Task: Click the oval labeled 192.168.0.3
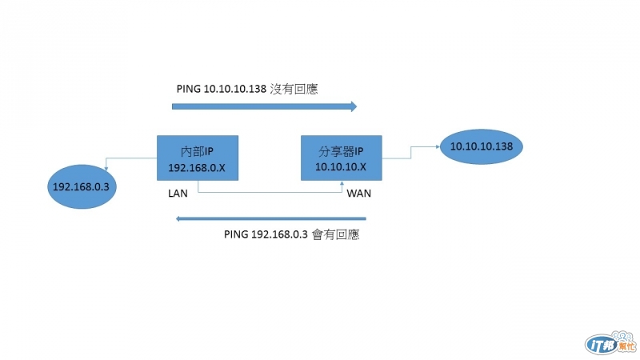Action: pos(82,186)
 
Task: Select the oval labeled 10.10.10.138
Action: pos(482,146)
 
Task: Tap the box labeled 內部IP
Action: pos(198,158)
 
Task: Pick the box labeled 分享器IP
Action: pos(342,158)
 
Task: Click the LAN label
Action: pos(178,194)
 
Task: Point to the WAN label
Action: pos(358,194)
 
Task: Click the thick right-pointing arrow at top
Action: pos(264,106)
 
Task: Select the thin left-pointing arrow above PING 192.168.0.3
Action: pos(270,218)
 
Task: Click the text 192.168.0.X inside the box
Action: pos(197,168)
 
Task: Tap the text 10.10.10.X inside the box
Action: pos(341,167)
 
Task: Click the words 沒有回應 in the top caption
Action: pos(294,89)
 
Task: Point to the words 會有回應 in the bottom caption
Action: pos(335,234)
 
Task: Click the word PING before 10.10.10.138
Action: pos(189,89)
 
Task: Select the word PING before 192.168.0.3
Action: pos(236,234)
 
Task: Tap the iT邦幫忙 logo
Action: pos(610,343)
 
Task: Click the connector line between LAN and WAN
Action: pos(270,192)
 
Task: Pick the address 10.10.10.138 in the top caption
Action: pos(234,89)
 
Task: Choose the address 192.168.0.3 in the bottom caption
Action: pos(279,234)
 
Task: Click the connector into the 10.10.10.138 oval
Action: pos(410,152)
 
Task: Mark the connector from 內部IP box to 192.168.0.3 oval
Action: pos(130,158)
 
